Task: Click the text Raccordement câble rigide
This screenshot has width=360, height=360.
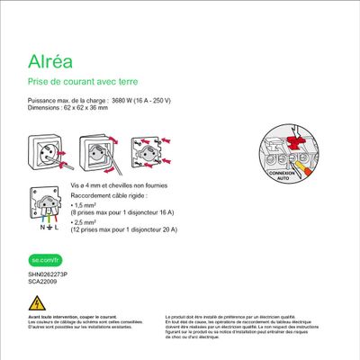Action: pyautogui.click(x=109, y=194)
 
